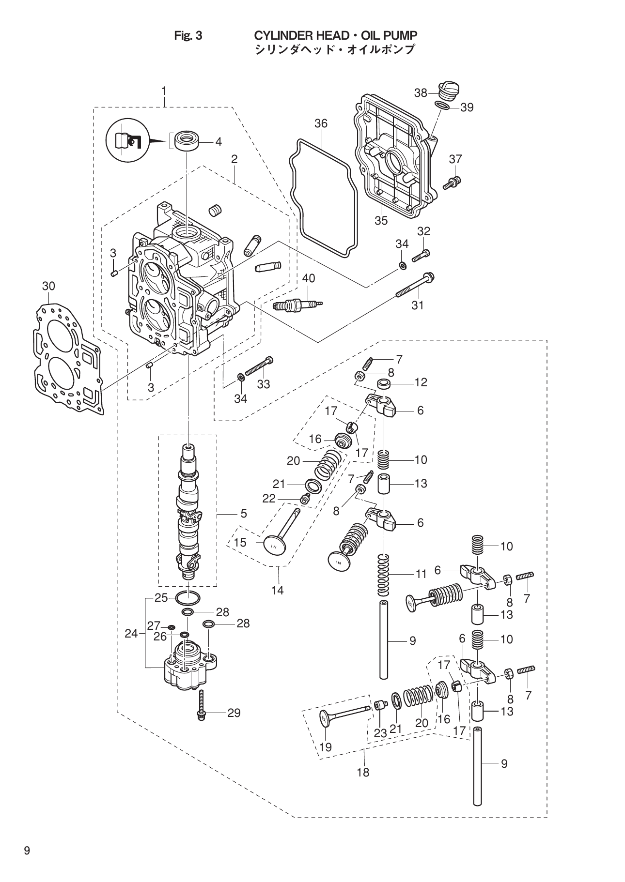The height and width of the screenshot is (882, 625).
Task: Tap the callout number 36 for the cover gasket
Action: click(x=321, y=124)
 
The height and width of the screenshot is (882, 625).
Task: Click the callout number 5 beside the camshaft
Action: click(x=243, y=513)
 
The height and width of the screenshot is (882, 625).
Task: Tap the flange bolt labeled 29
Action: click(x=201, y=708)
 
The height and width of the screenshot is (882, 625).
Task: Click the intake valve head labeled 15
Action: click(x=274, y=544)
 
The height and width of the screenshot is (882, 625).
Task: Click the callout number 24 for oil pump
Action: click(x=131, y=633)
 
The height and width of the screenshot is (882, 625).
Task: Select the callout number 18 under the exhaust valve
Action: click(x=363, y=773)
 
